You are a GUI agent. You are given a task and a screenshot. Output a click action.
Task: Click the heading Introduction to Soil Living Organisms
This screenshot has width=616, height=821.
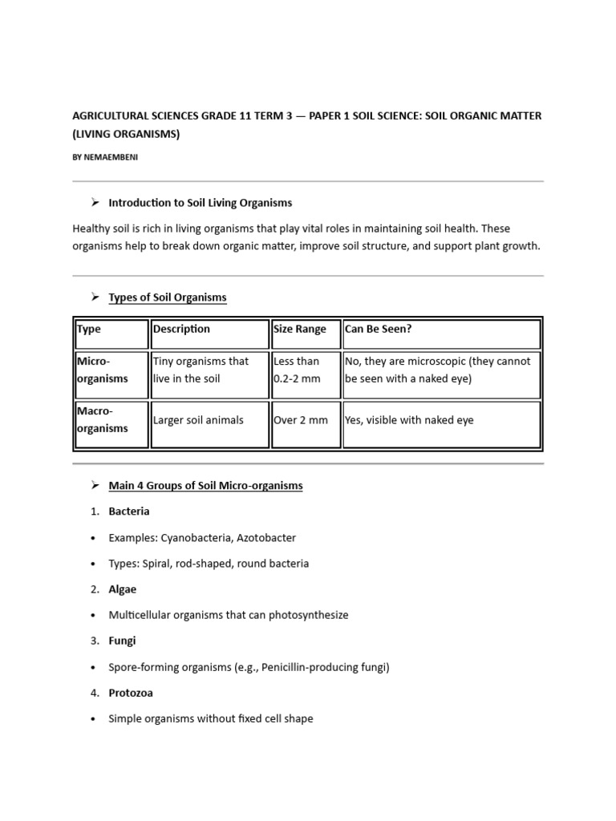[x=200, y=203]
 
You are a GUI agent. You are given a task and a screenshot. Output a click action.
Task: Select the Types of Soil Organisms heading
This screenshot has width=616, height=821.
[x=167, y=297]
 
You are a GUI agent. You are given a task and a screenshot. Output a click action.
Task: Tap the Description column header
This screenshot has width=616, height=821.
[x=181, y=329]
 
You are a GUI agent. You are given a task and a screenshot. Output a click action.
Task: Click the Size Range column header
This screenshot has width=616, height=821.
[x=300, y=329]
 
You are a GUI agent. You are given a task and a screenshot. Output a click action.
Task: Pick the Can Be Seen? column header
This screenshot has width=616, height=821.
[x=378, y=329]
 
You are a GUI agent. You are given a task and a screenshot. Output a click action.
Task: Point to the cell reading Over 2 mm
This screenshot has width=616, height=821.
[x=300, y=420]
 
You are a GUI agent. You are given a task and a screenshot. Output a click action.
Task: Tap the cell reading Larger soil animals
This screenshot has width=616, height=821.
[x=198, y=420]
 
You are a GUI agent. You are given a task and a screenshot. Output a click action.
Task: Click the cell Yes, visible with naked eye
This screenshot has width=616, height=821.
[x=409, y=420]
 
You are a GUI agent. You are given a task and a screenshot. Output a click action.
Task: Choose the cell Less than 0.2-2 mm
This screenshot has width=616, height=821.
[x=297, y=370]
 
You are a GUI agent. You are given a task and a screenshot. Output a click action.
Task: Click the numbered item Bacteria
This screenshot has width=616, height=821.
[x=128, y=512]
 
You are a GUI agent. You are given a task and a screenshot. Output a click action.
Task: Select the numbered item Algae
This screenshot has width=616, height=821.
[x=123, y=589]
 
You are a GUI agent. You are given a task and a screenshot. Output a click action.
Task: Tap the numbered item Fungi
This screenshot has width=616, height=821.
[x=122, y=641]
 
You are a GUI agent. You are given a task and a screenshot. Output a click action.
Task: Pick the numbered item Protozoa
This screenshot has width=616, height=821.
[x=131, y=693]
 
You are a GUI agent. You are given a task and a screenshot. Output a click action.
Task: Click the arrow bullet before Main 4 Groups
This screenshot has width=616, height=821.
[x=94, y=486]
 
